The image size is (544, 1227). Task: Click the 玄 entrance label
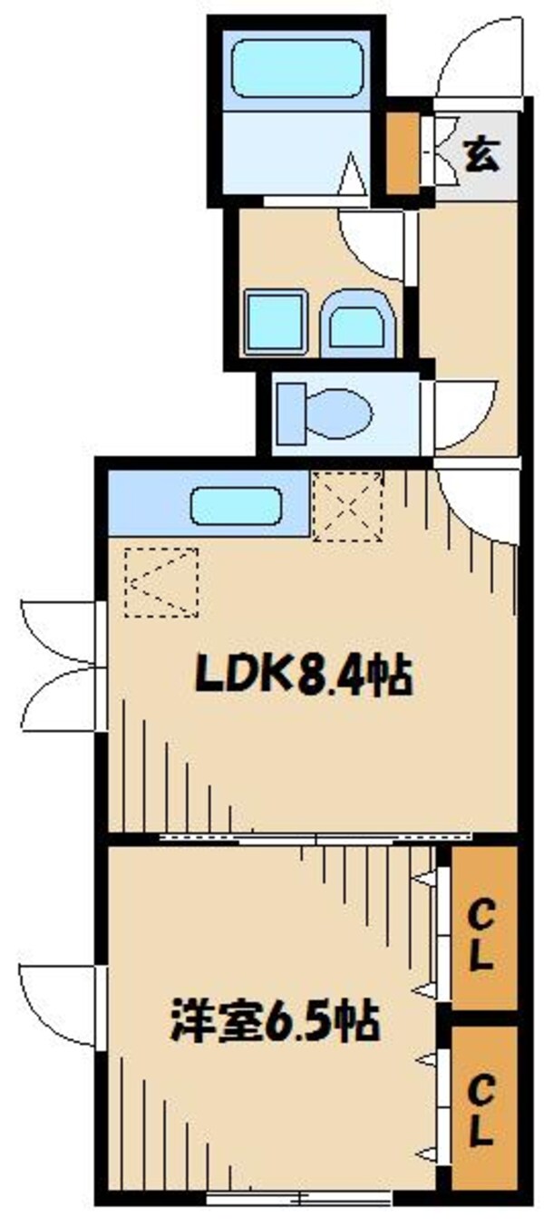tap(481, 155)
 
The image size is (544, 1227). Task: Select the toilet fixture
tap(325, 414)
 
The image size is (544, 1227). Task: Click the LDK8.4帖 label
tap(305, 676)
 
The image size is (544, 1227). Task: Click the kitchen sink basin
tap(238, 506)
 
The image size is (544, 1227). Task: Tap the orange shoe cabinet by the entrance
tap(402, 151)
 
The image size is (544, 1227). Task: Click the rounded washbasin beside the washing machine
tap(357, 322)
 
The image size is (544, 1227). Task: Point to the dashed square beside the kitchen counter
tap(347, 506)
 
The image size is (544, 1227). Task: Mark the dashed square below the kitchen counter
tap(160, 582)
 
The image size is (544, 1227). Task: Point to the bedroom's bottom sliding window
tap(299, 1198)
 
